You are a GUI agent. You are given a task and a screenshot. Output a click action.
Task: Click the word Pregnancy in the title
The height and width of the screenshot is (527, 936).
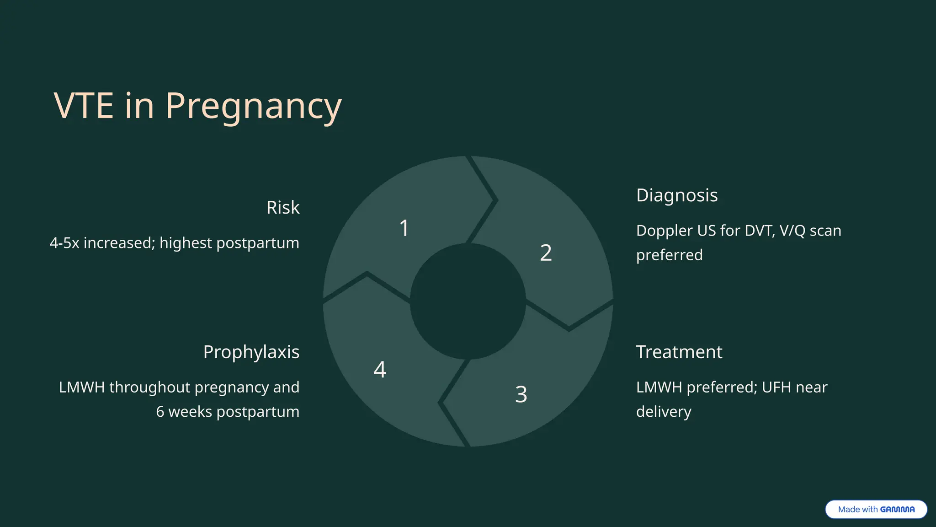[x=253, y=106]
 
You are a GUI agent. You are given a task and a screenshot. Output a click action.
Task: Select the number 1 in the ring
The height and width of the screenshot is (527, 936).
[x=404, y=228]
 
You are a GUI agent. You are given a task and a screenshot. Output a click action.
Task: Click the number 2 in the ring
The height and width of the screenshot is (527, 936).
[x=546, y=253]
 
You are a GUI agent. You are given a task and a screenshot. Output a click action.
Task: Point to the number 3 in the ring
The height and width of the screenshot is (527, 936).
[x=521, y=394]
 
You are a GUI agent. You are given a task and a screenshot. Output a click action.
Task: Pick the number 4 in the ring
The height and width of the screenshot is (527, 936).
[x=380, y=369]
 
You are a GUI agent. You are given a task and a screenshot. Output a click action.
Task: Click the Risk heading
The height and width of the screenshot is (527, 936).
[x=283, y=208]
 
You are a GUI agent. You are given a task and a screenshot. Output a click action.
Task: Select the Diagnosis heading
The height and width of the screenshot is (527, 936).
[x=677, y=195]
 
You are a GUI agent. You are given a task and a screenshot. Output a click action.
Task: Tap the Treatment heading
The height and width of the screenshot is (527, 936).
[x=679, y=352]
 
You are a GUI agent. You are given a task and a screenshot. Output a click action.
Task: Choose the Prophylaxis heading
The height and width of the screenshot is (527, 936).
[x=251, y=352]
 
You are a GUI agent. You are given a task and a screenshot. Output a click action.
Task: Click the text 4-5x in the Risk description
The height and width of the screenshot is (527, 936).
[x=64, y=243]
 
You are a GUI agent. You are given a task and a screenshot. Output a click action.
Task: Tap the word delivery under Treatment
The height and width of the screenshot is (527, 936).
[x=664, y=412]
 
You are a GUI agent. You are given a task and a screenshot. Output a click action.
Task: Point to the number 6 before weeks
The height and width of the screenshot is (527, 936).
[x=160, y=412]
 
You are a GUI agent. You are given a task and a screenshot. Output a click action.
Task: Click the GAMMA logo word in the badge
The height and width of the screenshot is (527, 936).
[x=897, y=510]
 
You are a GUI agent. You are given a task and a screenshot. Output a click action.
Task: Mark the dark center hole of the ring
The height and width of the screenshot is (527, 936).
[x=468, y=301]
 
